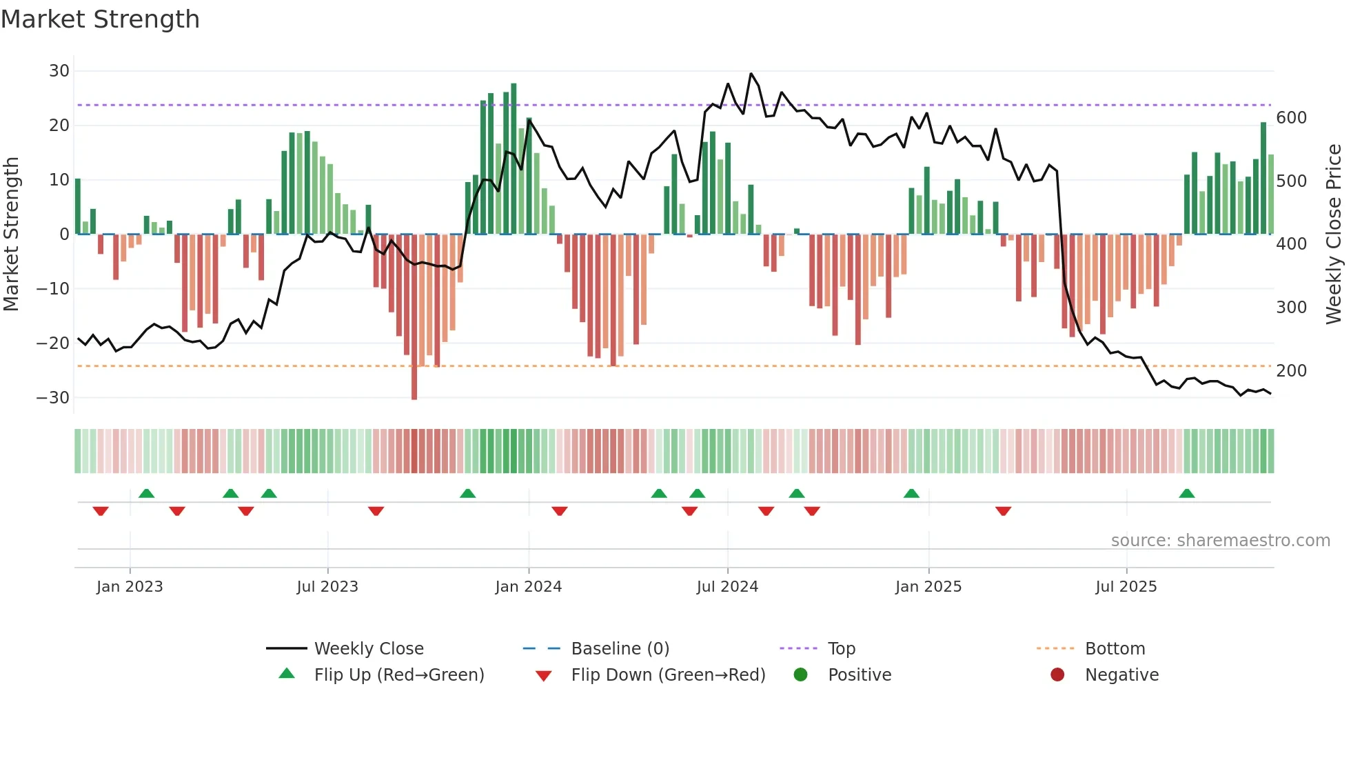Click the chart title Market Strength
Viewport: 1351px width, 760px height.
100,19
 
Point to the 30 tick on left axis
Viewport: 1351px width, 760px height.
59,71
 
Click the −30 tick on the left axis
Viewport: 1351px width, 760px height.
53,398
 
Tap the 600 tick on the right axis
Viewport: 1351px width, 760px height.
1291,118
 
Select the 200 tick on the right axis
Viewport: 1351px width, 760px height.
1291,371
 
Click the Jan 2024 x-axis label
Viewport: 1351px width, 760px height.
528,587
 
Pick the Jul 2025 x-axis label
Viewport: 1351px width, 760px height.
1126,587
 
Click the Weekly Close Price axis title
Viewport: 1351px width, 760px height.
1334,234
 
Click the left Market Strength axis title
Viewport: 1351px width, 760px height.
11,234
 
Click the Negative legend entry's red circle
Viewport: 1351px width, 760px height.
1057,675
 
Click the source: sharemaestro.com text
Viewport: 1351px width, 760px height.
1220,541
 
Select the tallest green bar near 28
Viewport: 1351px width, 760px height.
514,159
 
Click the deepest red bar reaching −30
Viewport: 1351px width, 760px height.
414,317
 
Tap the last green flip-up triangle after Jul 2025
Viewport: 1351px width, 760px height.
1186,494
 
